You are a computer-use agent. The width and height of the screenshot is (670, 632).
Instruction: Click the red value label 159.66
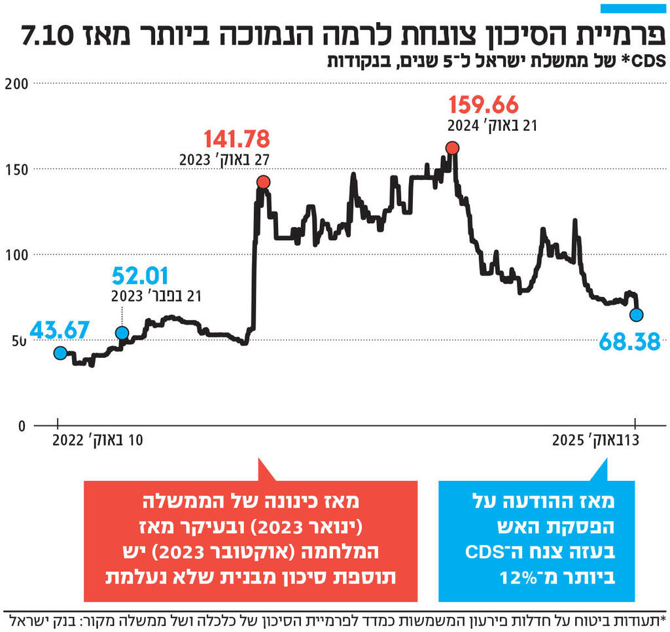pyautogui.click(x=484, y=104)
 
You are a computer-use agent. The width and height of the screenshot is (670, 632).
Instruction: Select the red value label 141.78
pyautogui.click(x=236, y=139)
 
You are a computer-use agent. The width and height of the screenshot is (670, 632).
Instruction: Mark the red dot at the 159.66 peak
pyautogui.click(x=452, y=149)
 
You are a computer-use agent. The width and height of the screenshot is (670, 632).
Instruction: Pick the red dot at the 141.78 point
pyautogui.click(x=264, y=182)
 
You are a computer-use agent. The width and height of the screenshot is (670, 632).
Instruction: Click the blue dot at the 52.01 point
pyautogui.click(x=122, y=333)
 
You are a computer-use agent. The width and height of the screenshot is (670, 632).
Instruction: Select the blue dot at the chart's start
pyautogui.click(x=60, y=353)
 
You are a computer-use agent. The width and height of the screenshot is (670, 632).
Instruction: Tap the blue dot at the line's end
pyautogui.click(x=636, y=315)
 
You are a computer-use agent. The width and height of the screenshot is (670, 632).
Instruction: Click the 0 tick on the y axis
pyautogui.click(x=21, y=425)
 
